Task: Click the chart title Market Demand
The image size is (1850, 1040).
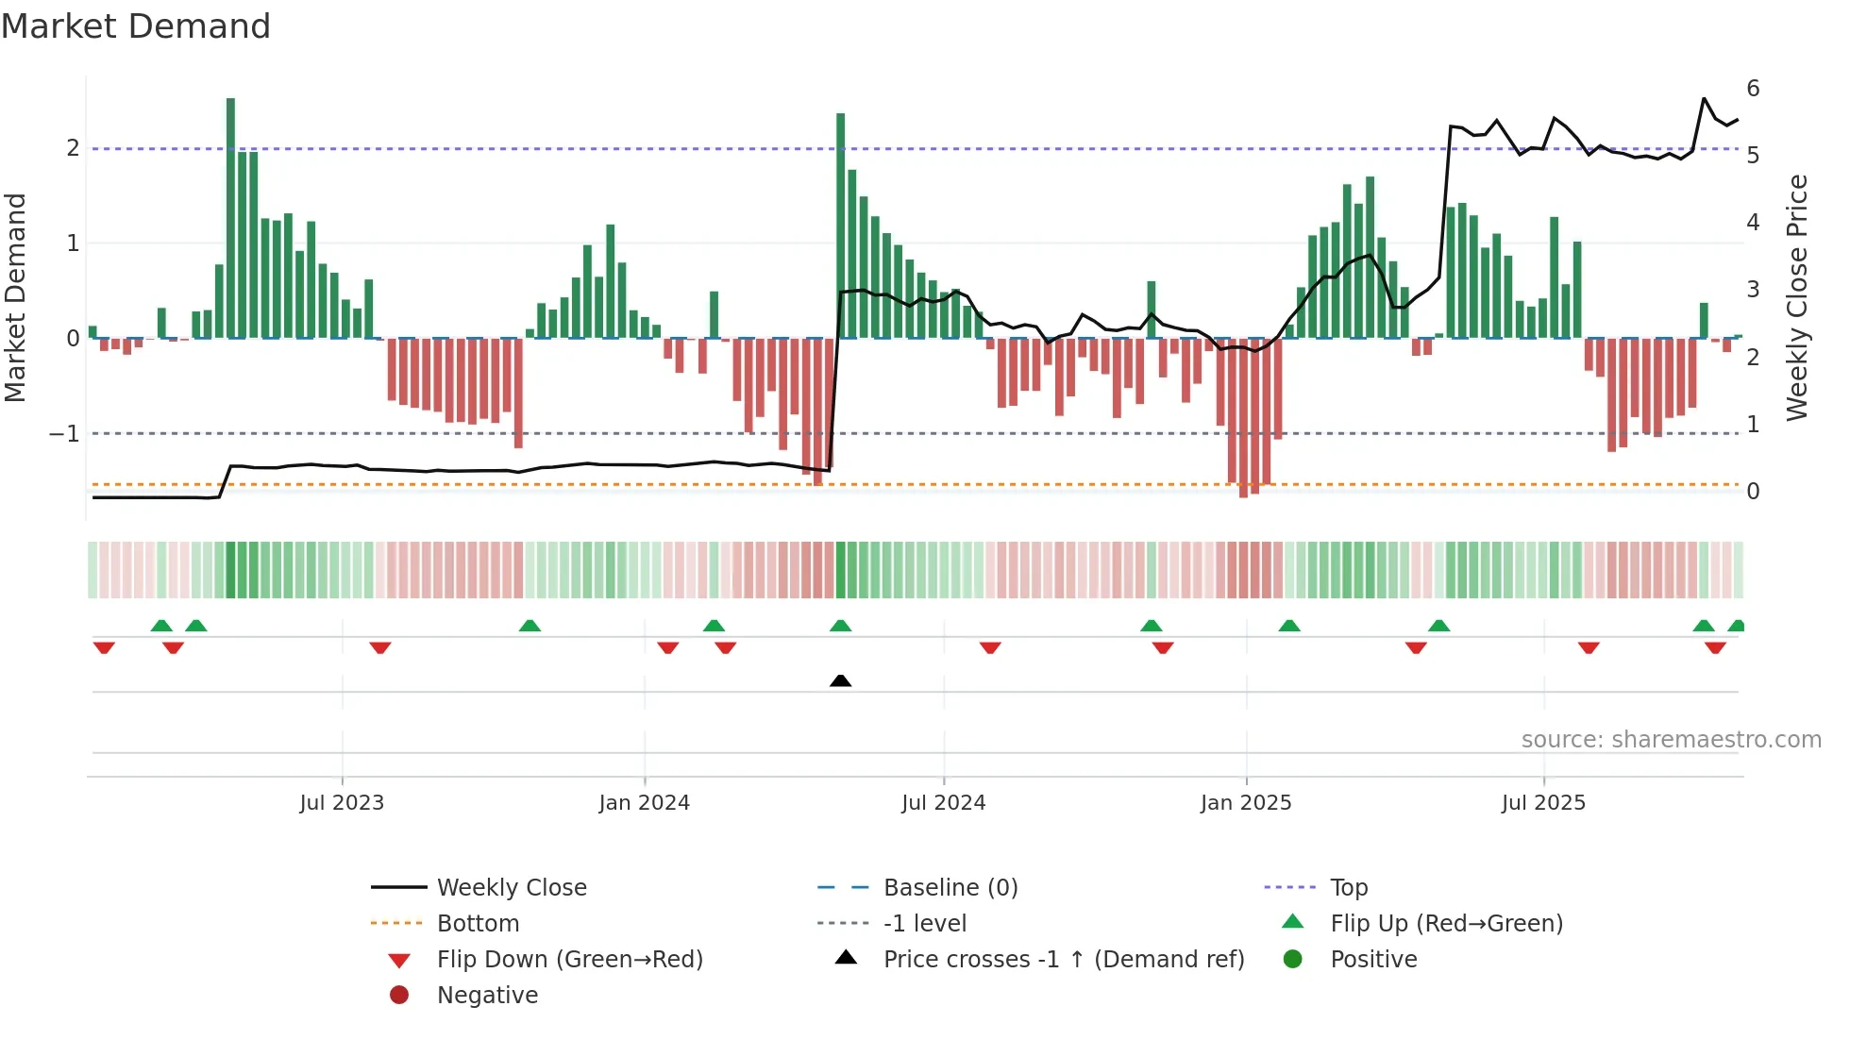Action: tap(136, 26)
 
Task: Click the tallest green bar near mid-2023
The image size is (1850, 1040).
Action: tap(230, 217)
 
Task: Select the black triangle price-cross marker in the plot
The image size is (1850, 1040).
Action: tap(840, 680)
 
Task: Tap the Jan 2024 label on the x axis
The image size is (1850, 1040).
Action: tap(644, 803)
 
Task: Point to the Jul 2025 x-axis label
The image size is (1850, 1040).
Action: tap(1543, 803)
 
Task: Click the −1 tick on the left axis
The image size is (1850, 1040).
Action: tap(65, 434)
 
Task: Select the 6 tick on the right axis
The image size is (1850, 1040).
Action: tap(1753, 89)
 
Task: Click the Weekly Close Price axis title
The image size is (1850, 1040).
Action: tap(1797, 297)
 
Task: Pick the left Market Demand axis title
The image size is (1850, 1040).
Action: tap(15, 297)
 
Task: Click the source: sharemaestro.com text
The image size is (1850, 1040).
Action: tap(1671, 740)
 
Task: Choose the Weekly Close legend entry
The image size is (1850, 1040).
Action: tap(511, 888)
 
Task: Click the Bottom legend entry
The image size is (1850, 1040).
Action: tap(478, 924)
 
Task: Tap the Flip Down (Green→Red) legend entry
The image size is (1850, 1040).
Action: tap(569, 960)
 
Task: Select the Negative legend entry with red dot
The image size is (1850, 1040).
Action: tap(487, 996)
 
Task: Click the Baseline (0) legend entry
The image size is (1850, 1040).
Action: tap(950, 888)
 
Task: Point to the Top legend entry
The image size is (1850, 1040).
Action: tap(1348, 888)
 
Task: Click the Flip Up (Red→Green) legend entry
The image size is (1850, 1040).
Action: tap(1446, 924)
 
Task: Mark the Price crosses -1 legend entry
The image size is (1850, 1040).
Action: tap(1063, 960)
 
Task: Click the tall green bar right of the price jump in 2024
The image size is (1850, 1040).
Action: tap(840, 226)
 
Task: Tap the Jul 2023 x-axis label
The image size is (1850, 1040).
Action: tap(342, 803)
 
